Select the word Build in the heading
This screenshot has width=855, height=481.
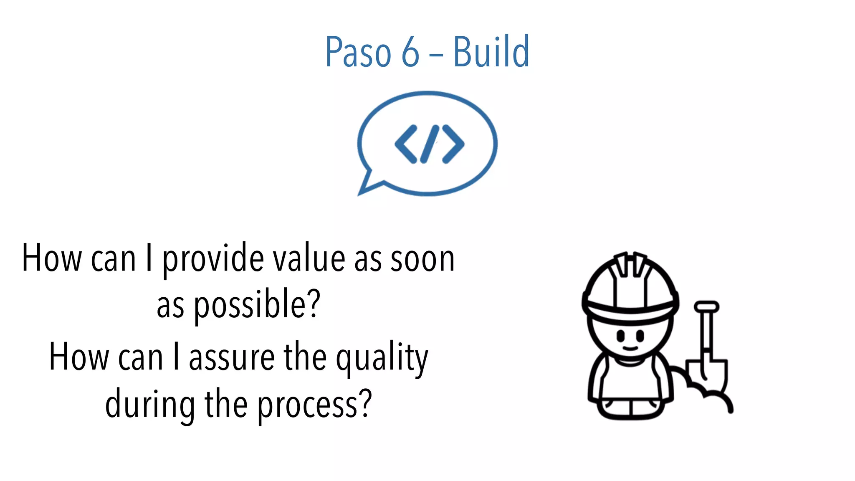tap(491, 52)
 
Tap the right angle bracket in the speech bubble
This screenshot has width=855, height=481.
tap(453, 144)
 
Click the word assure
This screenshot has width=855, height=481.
tap(232, 357)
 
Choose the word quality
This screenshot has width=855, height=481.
tap(382, 358)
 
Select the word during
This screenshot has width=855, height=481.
tap(149, 404)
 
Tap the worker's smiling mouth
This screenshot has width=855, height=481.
tap(630, 347)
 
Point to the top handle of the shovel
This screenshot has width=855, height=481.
tap(706, 307)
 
